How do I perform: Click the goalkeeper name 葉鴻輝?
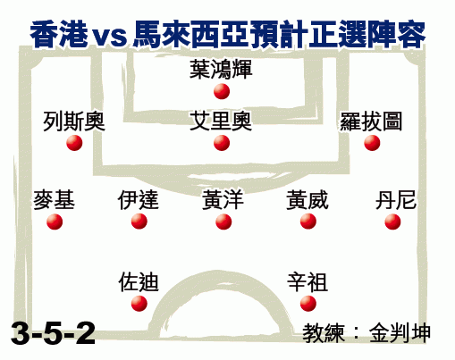pos(221,70)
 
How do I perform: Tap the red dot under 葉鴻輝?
pos(222,91)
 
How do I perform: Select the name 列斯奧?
pos(74,121)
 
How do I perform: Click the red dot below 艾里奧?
pos(222,143)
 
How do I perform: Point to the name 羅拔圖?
pos(371,121)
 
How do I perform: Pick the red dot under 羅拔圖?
pos(372,143)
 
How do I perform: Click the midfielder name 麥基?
pos(54,200)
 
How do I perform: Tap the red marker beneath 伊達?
pos(139,222)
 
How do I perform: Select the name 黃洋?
pos(223,200)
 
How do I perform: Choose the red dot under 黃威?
pos(308,222)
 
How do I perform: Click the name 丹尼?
pos(396,200)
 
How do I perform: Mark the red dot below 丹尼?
pos(392,222)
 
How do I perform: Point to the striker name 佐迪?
pos(139,281)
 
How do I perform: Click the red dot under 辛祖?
pos(308,304)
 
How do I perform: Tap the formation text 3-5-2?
pos(53,333)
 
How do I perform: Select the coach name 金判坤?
pos(400,333)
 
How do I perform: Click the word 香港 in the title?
pos(59,34)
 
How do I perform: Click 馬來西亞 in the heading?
pos(191,34)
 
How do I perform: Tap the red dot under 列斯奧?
pos(74,143)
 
